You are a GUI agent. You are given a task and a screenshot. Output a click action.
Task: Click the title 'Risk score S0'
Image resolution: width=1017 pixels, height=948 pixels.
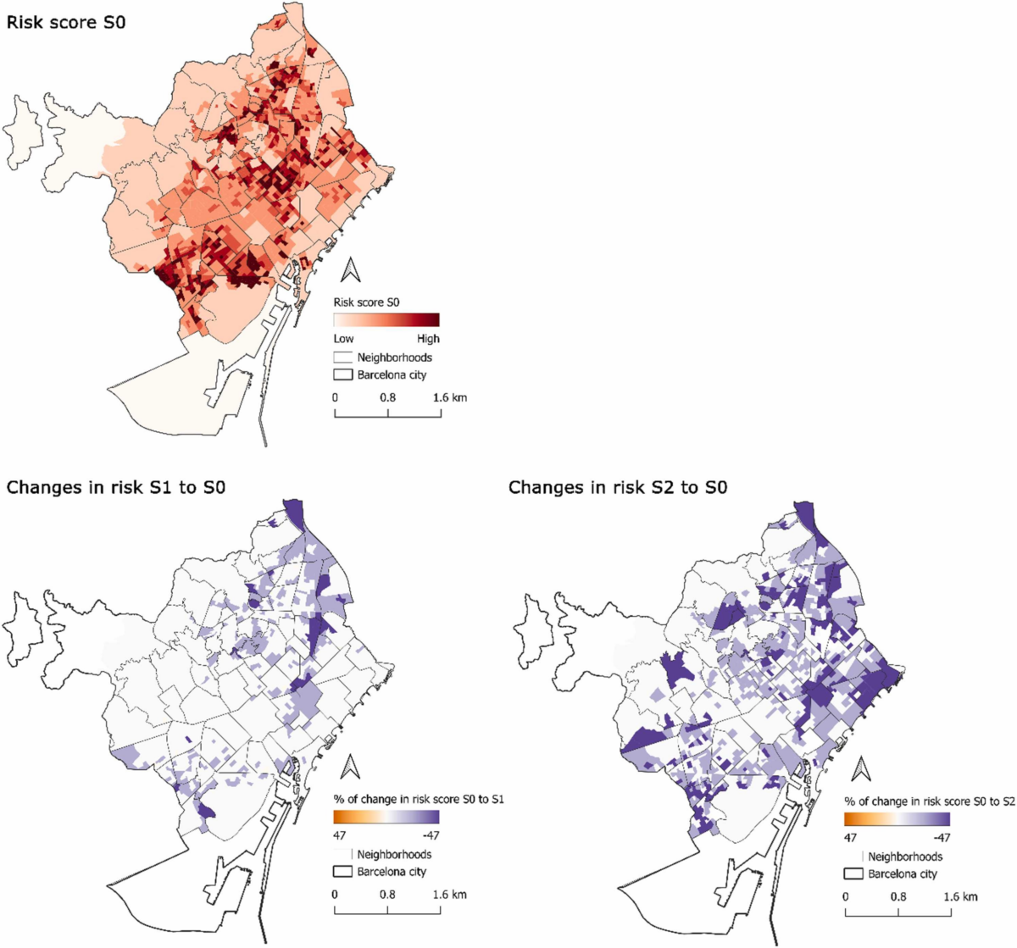click(x=66, y=23)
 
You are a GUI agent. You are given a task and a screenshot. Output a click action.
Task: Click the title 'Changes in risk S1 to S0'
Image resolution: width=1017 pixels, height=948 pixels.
click(x=116, y=487)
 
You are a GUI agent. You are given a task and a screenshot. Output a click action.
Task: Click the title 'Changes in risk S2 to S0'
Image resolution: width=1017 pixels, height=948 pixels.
click(x=618, y=487)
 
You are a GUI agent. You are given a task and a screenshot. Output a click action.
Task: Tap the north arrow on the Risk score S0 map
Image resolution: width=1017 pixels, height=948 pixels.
click(x=350, y=270)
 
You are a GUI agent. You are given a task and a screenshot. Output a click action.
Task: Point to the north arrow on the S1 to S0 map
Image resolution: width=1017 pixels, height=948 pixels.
click(x=350, y=767)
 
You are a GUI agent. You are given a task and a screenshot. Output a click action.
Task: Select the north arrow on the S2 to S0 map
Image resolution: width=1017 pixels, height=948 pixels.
click(x=861, y=768)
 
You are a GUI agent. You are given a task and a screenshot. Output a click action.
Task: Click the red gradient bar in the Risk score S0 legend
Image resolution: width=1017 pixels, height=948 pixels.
click(x=386, y=319)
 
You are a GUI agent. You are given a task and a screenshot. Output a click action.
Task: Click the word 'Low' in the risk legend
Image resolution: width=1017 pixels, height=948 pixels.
click(x=343, y=339)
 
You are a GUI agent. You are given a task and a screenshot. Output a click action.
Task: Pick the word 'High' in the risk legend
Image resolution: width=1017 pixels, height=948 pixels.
click(x=428, y=339)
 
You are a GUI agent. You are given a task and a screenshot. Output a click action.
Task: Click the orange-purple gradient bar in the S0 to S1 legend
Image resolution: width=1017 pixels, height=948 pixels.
click(x=386, y=817)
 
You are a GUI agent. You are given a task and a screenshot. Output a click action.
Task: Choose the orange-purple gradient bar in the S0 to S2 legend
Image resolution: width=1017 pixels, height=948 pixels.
click(x=897, y=819)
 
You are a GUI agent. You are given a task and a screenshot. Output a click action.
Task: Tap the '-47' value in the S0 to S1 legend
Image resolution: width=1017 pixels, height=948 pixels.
click(x=431, y=835)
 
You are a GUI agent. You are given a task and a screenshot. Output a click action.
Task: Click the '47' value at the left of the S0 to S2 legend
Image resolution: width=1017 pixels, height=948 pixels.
click(x=850, y=838)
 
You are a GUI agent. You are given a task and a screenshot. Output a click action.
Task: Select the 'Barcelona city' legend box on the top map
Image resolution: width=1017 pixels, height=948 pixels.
click(x=342, y=374)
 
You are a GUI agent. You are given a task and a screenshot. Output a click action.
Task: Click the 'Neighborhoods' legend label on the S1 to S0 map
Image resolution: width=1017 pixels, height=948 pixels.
click(x=394, y=854)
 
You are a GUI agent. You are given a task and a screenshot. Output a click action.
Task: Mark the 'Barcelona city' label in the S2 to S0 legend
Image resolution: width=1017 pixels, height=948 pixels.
click(x=903, y=873)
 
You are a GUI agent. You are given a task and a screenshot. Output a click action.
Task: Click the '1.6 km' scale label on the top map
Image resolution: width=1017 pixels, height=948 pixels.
click(x=450, y=397)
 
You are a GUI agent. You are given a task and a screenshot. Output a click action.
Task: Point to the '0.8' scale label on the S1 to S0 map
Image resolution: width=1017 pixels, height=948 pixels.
click(x=387, y=895)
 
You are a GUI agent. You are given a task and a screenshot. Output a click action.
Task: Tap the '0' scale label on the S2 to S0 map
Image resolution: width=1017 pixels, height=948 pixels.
click(x=846, y=897)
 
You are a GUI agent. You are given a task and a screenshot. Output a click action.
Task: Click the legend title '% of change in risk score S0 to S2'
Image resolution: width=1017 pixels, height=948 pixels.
click(x=930, y=801)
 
